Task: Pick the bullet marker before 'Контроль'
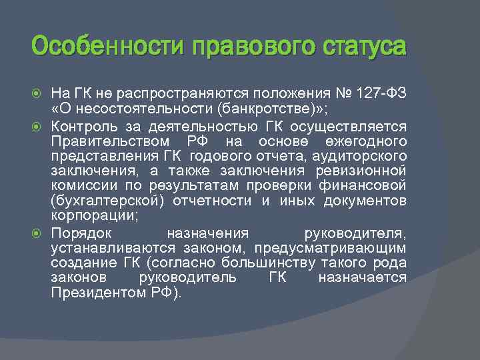[37, 124]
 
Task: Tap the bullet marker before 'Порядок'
[37, 233]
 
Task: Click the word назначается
[362, 278]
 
